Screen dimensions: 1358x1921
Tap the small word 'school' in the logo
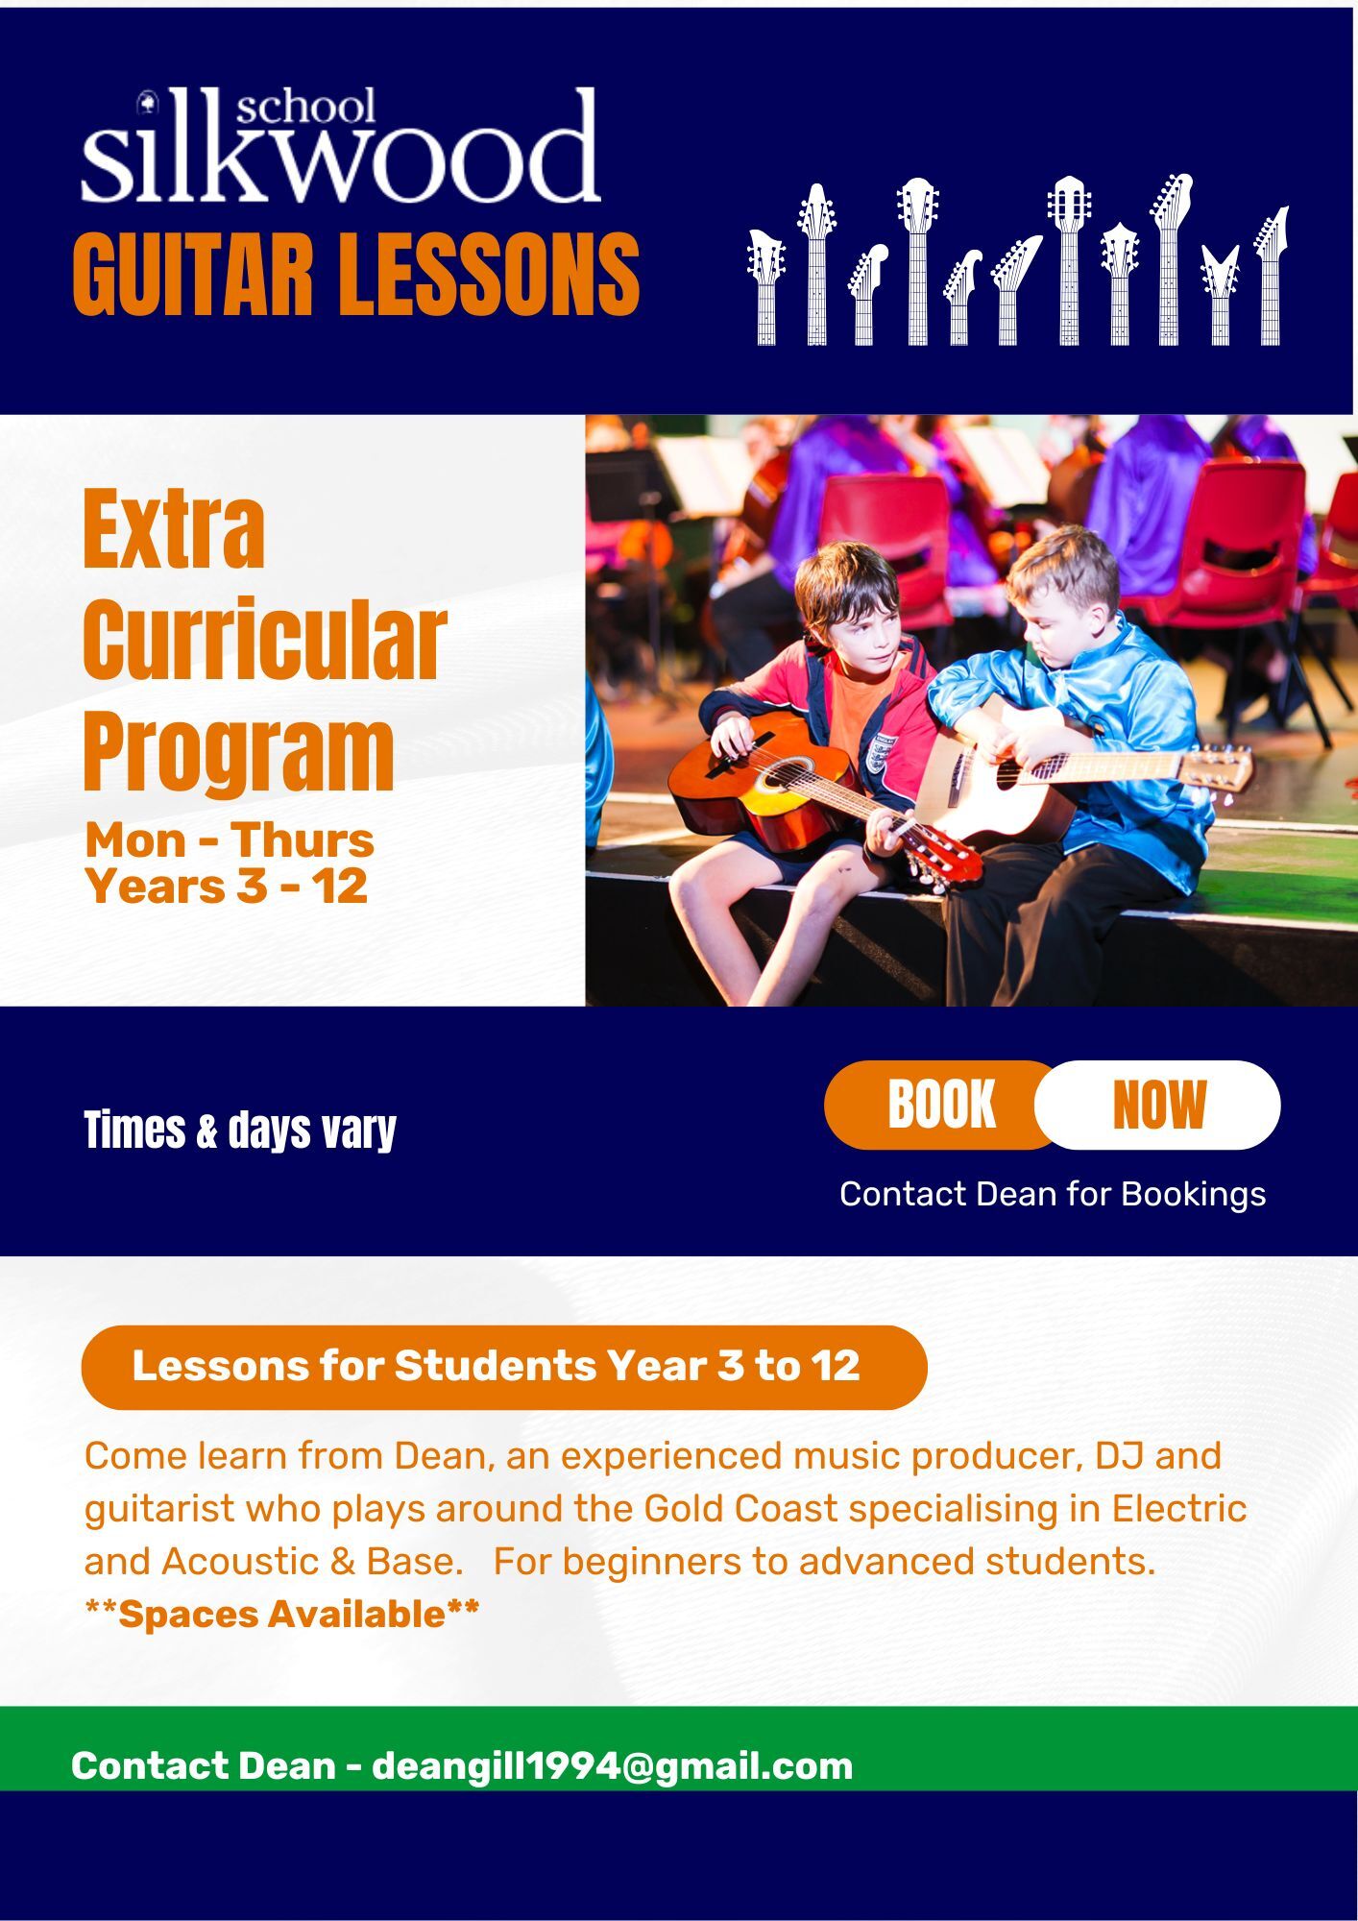click(305, 107)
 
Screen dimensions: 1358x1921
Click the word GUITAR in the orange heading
click(193, 274)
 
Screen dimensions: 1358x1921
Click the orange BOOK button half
click(941, 1105)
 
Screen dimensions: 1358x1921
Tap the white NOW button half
click(1158, 1105)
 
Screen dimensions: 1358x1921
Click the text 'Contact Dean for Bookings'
click(1053, 1194)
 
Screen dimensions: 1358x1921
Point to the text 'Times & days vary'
click(240, 1130)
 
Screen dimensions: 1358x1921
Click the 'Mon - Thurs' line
click(230, 840)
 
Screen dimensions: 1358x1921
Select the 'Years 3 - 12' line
click(227, 886)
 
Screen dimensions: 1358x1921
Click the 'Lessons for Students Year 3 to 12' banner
click(504, 1367)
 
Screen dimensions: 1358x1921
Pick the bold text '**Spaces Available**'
click(282, 1615)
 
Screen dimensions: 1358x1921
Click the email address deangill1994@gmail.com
click(613, 1765)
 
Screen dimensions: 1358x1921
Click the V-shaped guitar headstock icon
click(1220, 294)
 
